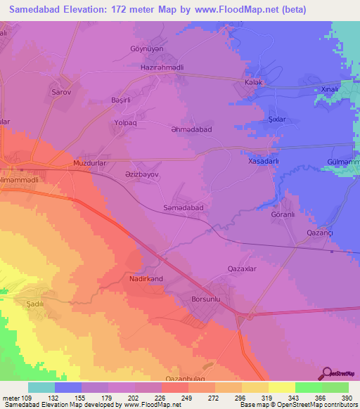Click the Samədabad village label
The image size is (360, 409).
(x=183, y=208)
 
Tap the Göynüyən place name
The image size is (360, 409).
(x=146, y=48)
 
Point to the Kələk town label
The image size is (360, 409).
(x=253, y=82)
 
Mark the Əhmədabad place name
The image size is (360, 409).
(x=191, y=130)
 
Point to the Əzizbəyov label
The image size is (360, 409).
(x=142, y=172)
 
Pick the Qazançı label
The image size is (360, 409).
(x=319, y=233)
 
